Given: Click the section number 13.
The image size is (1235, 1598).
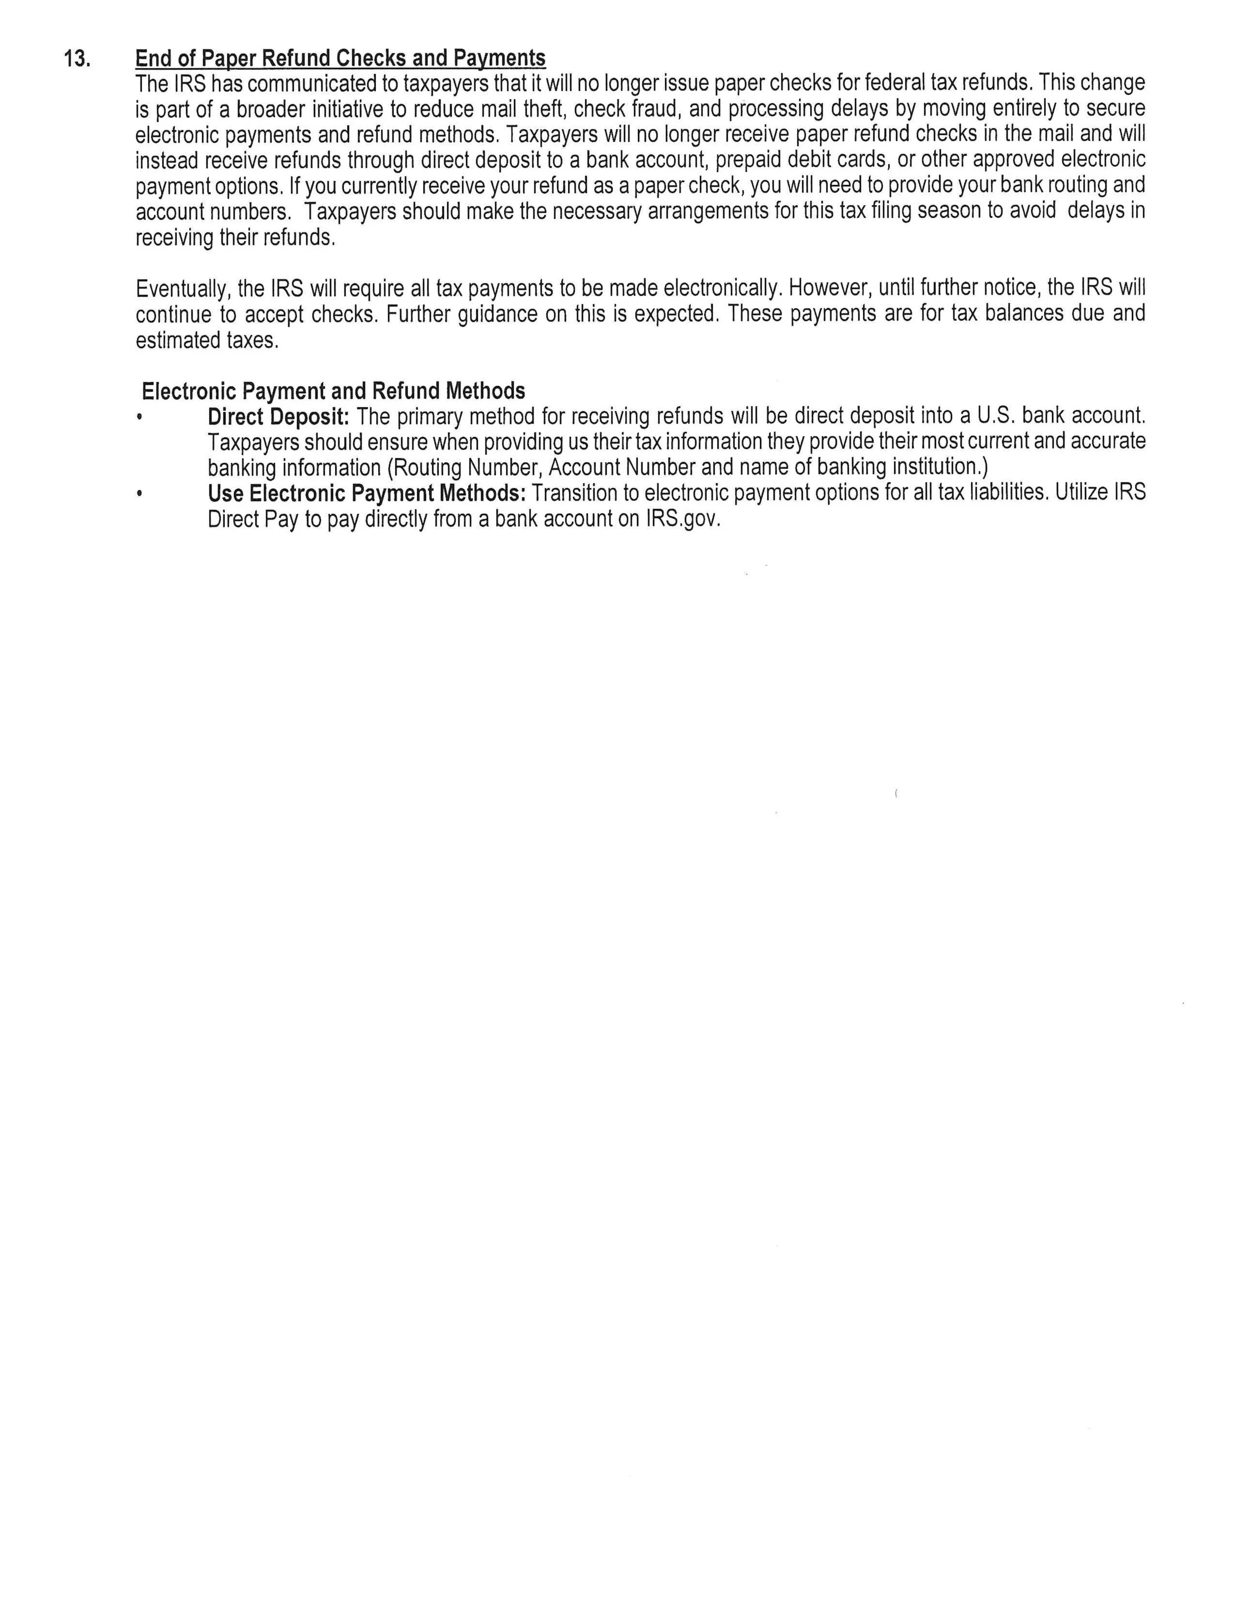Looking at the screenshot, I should pyautogui.click(x=77, y=58).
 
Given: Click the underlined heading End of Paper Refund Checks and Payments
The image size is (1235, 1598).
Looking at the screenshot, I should pyautogui.click(x=340, y=58).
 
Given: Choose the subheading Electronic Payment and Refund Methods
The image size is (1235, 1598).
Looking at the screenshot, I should pyautogui.click(x=333, y=391).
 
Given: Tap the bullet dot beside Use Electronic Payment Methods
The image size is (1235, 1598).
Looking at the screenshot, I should pyautogui.click(x=138, y=494).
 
